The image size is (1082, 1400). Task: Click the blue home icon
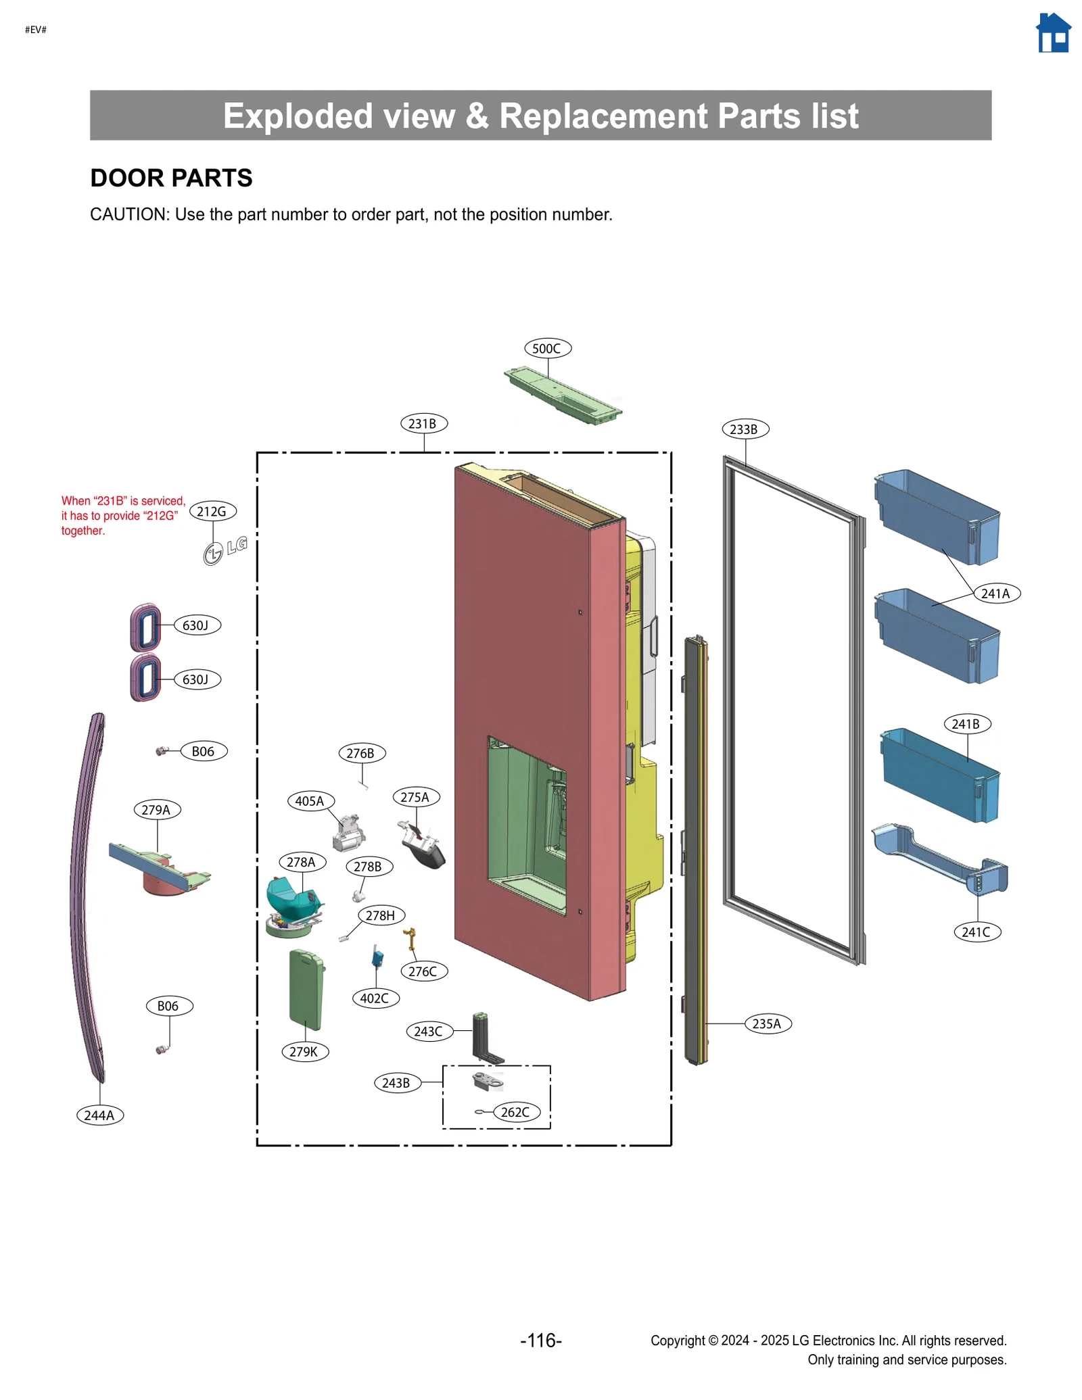point(1052,33)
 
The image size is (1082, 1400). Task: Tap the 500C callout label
point(547,348)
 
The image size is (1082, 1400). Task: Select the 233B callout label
point(745,429)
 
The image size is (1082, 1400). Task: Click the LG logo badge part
point(225,550)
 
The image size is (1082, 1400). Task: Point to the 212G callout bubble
point(212,512)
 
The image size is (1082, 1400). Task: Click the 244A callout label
point(99,1115)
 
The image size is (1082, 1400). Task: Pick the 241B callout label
point(966,724)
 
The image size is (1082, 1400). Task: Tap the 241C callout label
point(977,932)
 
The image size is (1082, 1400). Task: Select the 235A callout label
point(767,1023)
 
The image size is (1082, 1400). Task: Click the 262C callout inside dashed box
point(516,1112)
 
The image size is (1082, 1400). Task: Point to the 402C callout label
point(375,998)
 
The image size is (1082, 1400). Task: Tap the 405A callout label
point(310,801)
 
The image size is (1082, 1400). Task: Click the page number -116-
point(540,1341)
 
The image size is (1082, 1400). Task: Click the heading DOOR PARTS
point(171,178)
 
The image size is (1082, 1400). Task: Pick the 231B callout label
point(423,424)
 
